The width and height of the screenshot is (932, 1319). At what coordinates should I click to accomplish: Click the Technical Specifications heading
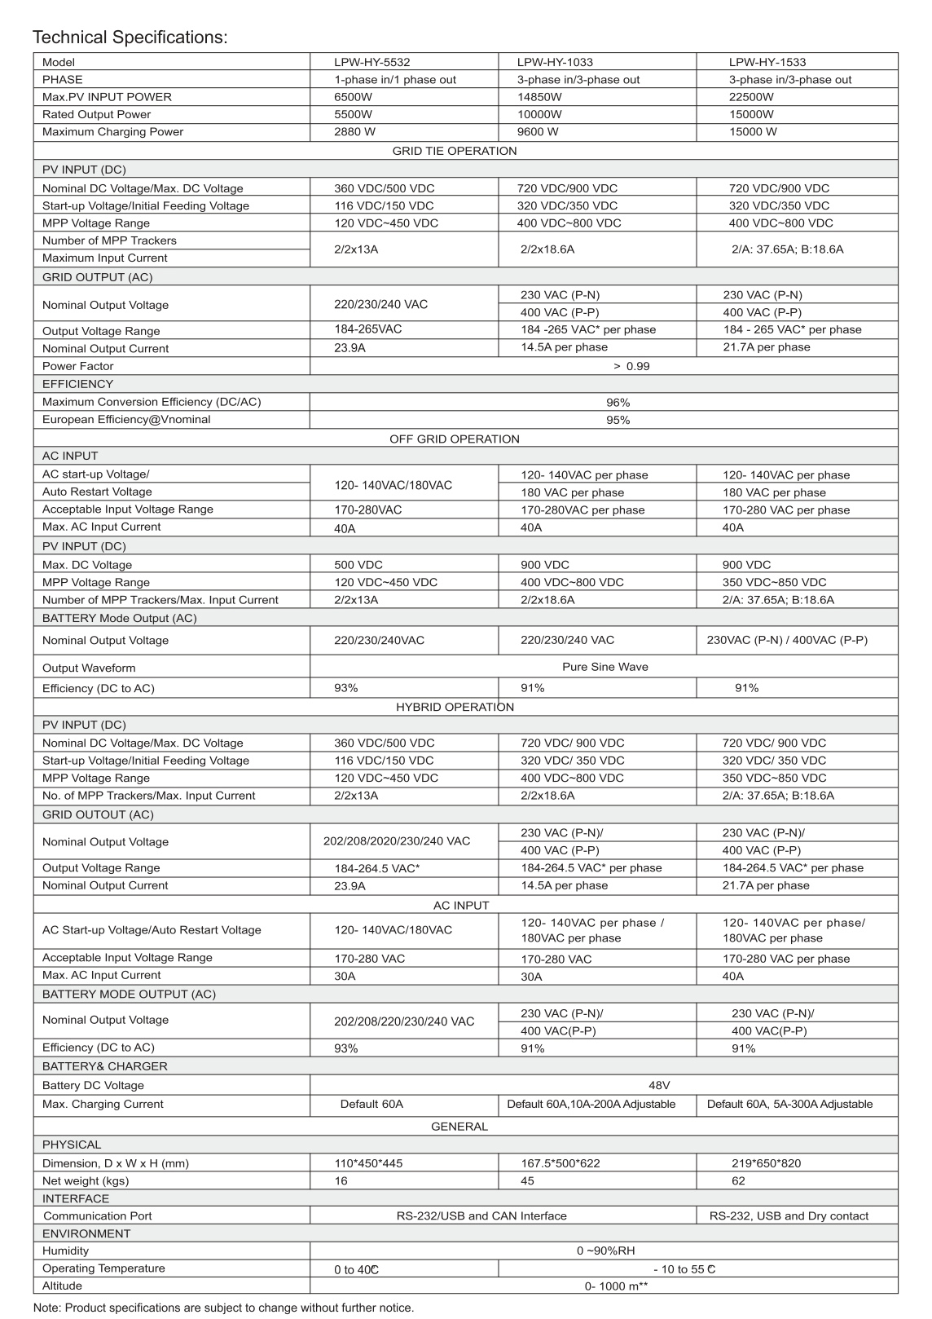coord(130,37)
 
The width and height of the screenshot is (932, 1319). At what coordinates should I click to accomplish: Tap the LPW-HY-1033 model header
coord(555,62)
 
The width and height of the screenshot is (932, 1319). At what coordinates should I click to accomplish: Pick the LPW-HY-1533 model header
coord(767,62)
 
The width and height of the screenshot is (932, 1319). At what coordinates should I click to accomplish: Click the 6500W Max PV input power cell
coord(353,97)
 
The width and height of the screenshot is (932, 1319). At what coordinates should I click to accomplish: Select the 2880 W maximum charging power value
coord(354,132)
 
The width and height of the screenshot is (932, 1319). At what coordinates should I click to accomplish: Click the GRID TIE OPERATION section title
coord(455,151)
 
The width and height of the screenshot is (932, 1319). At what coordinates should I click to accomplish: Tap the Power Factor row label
coord(78,366)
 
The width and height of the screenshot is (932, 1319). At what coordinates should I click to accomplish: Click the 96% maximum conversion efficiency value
coord(618,402)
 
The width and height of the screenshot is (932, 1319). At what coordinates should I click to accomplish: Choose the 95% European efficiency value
coord(618,420)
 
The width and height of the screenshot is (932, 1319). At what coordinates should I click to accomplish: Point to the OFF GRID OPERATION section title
coord(454,439)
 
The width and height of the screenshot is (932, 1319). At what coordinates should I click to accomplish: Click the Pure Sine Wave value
coord(605,667)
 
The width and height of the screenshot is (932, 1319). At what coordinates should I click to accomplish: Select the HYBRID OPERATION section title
coord(455,707)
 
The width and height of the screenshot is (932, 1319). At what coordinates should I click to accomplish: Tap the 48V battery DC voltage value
coord(659,1085)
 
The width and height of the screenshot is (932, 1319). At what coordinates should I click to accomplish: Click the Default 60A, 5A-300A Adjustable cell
coord(789,1104)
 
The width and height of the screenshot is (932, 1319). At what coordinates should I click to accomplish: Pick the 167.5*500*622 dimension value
coord(561,1163)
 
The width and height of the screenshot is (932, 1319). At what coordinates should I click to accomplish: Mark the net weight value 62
coord(738,1180)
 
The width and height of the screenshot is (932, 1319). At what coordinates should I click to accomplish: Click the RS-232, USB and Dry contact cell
coord(789,1215)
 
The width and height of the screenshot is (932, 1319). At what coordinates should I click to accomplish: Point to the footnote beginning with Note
coord(223,1308)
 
